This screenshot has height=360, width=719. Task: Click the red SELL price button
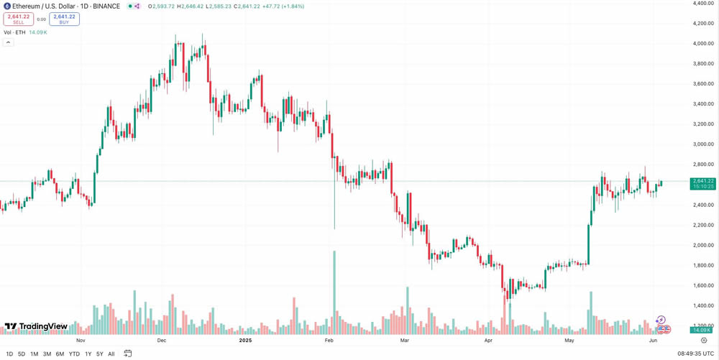coord(19,19)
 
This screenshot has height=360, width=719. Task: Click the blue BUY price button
coord(64,19)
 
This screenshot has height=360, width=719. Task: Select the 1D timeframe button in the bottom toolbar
coord(9,354)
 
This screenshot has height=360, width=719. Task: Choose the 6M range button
coord(60,354)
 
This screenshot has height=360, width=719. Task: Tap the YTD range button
coord(74,354)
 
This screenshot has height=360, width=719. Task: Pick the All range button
coord(111,354)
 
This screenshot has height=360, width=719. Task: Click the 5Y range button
coord(99,354)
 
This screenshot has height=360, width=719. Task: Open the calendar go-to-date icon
coord(128,354)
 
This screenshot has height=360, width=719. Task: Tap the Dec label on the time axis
coord(161,340)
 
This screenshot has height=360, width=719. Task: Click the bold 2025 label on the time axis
coord(246,340)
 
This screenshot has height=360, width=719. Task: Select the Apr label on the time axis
coord(490,340)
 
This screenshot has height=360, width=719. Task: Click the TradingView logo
coord(36,327)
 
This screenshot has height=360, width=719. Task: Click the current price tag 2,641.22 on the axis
coord(702,181)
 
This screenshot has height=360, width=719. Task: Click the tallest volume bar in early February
coord(334,292)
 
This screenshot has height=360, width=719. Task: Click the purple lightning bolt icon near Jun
coord(661,320)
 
